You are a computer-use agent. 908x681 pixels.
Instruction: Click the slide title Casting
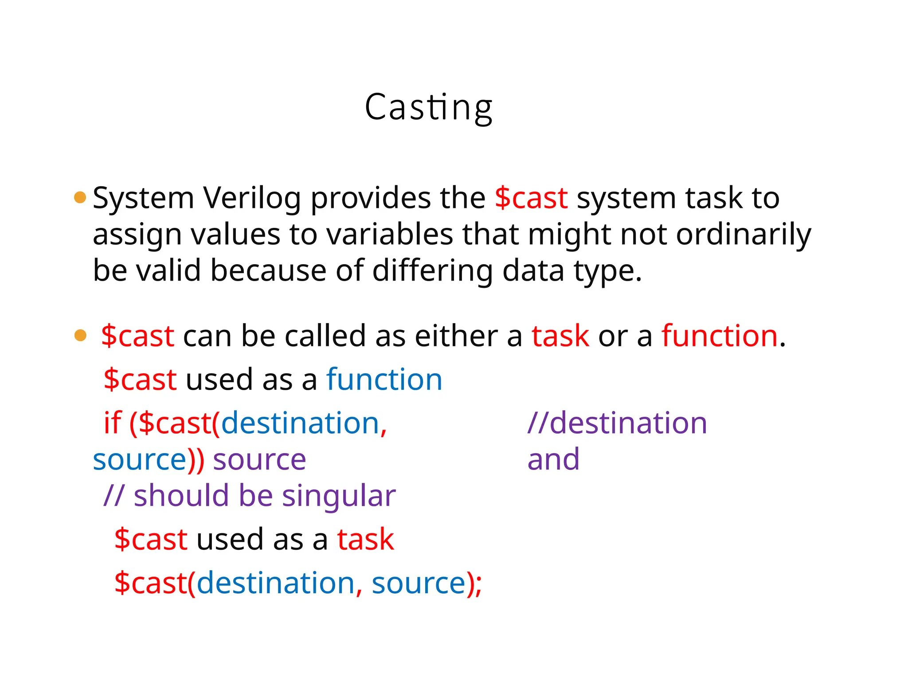(x=428, y=108)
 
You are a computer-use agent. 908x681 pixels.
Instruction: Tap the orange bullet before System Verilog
(x=80, y=197)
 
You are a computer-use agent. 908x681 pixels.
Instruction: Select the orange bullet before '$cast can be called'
(x=80, y=335)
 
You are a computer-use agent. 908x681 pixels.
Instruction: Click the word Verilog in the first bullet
(x=252, y=198)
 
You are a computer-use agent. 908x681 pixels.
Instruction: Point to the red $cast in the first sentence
(x=531, y=198)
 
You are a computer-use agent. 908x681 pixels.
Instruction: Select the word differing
(x=432, y=270)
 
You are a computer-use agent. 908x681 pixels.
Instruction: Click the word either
(x=456, y=336)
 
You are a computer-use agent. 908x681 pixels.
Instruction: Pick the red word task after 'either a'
(x=560, y=336)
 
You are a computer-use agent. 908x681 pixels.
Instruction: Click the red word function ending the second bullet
(x=720, y=336)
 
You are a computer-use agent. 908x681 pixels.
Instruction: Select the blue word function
(x=384, y=380)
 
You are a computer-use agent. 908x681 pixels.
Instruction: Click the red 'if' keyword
(x=112, y=423)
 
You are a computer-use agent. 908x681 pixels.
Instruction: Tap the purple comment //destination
(x=617, y=423)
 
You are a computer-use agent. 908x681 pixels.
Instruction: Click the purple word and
(x=553, y=459)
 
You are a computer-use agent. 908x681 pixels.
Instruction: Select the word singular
(x=339, y=496)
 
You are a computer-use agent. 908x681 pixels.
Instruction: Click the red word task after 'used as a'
(x=365, y=540)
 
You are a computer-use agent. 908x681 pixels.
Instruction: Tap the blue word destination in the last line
(x=275, y=583)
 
